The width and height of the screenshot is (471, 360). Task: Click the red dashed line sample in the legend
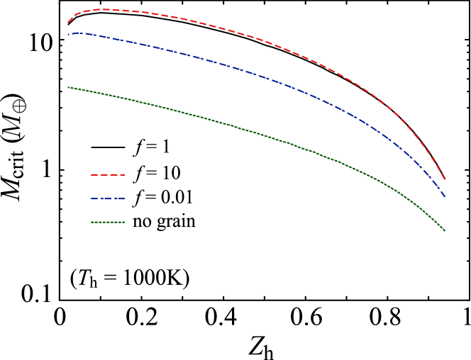[x=108, y=174]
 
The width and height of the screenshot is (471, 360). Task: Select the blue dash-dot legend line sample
[x=108, y=198]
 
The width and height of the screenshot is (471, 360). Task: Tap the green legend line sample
[x=108, y=222]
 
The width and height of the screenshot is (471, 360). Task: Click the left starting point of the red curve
[x=68, y=23]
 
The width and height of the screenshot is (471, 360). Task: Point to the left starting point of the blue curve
[x=68, y=34]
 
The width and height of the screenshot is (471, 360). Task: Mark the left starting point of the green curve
[x=68, y=87]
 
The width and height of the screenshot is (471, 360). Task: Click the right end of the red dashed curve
[x=445, y=180]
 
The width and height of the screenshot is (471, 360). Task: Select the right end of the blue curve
[x=445, y=197]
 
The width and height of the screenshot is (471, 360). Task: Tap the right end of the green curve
[x=445, y=231]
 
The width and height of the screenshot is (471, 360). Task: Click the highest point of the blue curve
[x=75, y=33]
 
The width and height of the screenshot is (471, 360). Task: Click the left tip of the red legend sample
[x=91, y=174]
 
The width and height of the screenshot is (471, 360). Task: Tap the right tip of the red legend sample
[x=125, y=174]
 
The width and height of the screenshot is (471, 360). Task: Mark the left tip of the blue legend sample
[x=91, y=198]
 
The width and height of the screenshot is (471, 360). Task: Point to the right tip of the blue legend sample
[x=125, y=198]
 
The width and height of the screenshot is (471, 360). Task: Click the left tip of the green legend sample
[x=91, y=222]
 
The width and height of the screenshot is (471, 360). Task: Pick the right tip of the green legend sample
[x=125, y=222]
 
